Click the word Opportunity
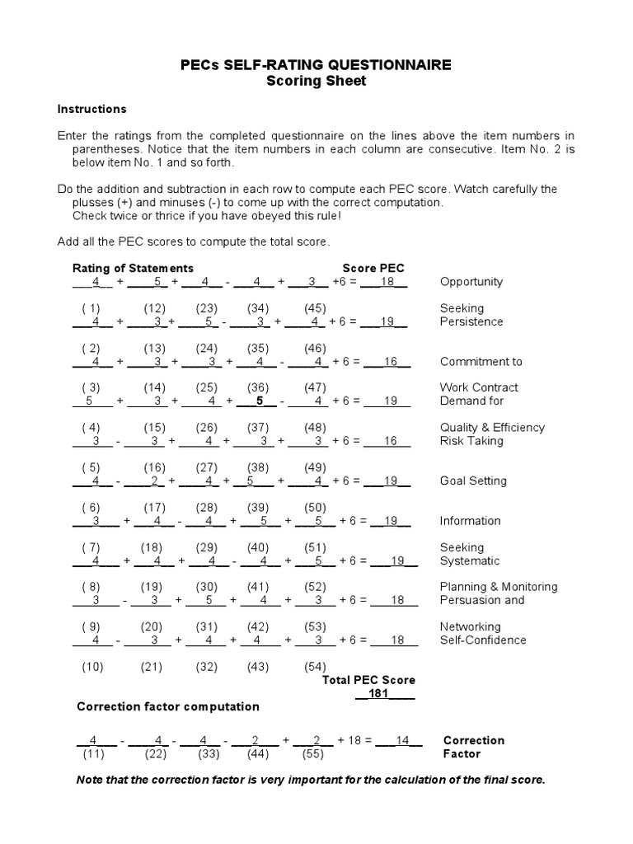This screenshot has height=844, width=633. tap(471, 282)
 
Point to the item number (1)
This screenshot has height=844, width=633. tap(91, 308)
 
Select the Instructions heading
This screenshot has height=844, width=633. tap(91, 109)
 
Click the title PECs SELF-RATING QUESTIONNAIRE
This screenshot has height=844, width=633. tap(316, 65)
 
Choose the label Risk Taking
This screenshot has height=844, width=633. tap(472, 441)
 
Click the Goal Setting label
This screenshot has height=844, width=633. tap(473, 481)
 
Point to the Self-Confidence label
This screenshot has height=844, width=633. tap(483, 640)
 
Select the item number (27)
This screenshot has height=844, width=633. tap(206, 467)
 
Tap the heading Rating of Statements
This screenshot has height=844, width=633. tap(133, 268)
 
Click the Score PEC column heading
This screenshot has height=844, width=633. tap(373, 268)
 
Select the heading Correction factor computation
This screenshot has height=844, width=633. tap(167, 706)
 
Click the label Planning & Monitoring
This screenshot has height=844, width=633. tap(499, 587)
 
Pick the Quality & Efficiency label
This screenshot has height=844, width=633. tap(492, 428)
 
